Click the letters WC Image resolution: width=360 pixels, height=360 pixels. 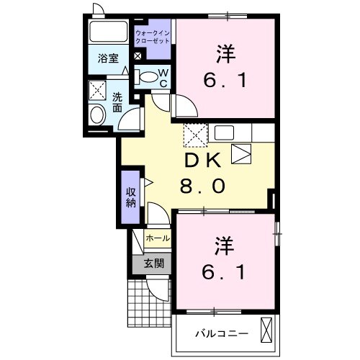click(163, 78)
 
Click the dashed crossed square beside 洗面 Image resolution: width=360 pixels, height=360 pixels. click(96, 90)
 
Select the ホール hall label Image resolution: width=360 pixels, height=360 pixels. click(158, 238)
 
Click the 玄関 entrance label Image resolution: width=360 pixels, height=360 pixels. click(153, 263)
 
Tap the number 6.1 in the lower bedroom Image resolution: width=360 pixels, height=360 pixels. click(223, 273)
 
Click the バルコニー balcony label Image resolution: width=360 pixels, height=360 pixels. click(223, 333)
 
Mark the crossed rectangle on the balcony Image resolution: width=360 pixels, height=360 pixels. click(267, 330)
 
